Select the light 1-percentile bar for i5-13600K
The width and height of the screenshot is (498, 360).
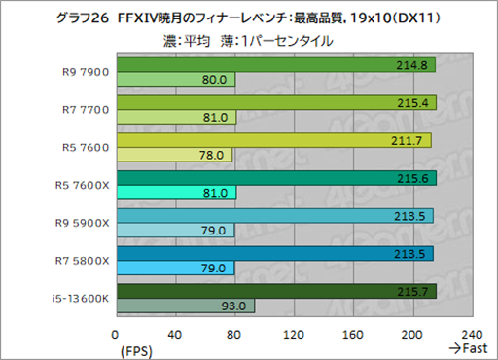click(185, 306)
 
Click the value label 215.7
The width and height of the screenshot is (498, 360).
click(416, 291)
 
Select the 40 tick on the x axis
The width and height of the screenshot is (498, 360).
click(175, 333)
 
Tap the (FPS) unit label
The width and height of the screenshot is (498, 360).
click(136, 347)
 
